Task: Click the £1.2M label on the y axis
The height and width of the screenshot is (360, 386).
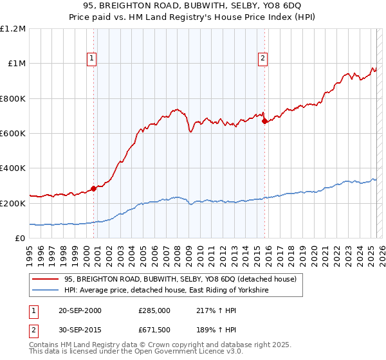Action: point(12,29)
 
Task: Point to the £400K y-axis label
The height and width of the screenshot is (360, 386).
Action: point(12,168)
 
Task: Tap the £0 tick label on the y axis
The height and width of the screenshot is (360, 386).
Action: point(21,239)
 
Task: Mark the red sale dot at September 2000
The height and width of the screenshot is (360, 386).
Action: point(93,188)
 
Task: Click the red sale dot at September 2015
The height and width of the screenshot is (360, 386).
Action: point(264,121)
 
